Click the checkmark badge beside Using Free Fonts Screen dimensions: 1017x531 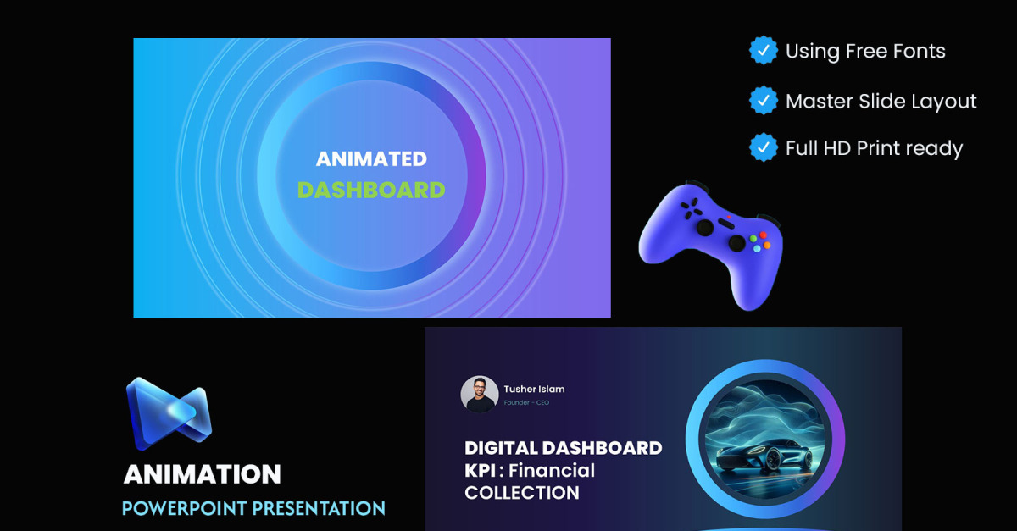(x=764, y=50)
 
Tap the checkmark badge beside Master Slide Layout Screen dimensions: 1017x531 (x=764, y=100)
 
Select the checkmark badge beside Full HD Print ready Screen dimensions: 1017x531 (x=764, y=147)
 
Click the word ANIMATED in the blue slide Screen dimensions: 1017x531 (x=371, y=159)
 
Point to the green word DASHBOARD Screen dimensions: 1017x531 (x=371, y=191)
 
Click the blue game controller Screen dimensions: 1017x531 (x=710, y=245)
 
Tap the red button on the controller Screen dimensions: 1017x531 (x=764, y=235)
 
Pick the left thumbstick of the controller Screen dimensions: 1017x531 (x=705, y=227)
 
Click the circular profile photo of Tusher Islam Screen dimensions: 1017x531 (x=480, y=394)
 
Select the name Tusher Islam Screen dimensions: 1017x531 (x=535, y=389)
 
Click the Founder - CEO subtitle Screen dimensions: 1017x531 (x=526, y=402)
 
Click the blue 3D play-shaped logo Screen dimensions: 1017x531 (x=169, y=413)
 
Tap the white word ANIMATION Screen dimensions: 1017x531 (x=203, y=474)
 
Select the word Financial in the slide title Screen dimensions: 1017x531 (x=552, y=471)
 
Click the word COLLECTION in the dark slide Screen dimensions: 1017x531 (x=522, y=493)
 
